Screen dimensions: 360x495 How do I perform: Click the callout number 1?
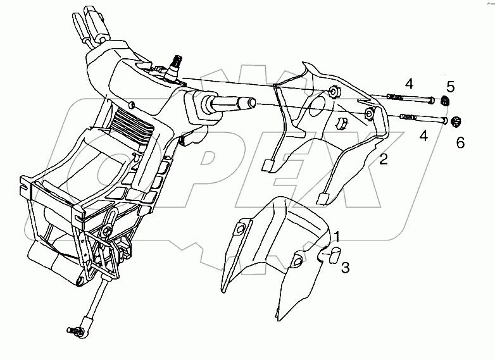point(337,237)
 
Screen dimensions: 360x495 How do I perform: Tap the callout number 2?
point(383,159)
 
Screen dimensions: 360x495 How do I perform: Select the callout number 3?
point(345,268)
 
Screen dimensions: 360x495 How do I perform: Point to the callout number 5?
point(450,85)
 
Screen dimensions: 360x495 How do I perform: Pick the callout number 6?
point(460,143)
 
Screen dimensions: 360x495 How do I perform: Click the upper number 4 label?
point(409,83)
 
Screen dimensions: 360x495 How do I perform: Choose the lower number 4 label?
point(423,135)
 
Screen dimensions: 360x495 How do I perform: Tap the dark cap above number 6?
point(458,121)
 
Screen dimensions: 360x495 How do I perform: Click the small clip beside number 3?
point(332,254)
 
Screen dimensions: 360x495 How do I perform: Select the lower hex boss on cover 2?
point(369,114)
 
